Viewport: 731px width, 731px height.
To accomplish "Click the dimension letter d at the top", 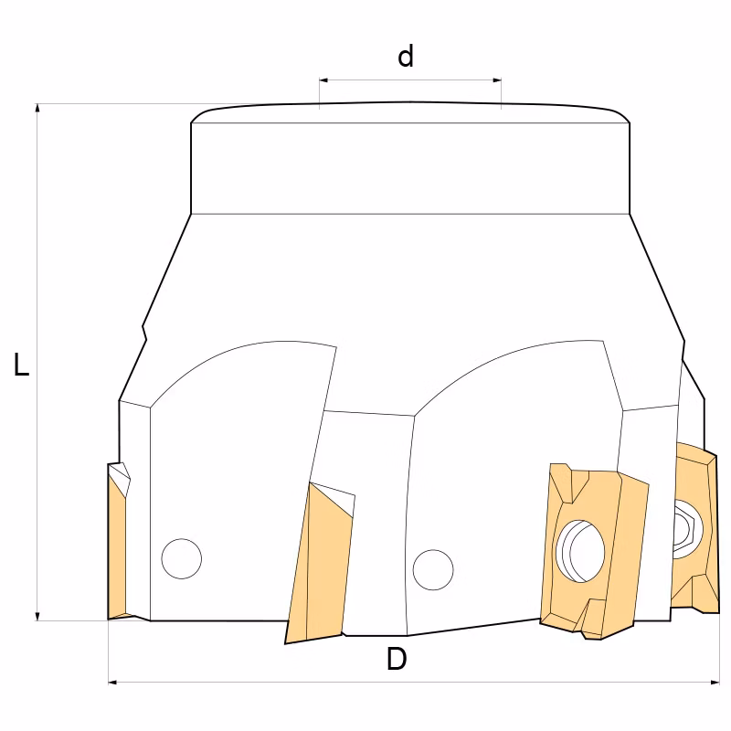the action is point(406,57).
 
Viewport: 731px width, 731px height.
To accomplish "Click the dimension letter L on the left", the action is point(21,365).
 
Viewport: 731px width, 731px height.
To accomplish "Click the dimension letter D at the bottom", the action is point(397,659).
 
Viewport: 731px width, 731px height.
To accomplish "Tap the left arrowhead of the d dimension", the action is point(324,80).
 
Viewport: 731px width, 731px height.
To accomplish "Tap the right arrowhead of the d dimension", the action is point(496,80).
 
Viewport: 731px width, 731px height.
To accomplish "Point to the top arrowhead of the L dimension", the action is point(37,108).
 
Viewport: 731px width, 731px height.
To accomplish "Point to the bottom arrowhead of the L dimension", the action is point(37,616).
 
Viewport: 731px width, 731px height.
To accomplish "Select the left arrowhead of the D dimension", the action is point(112,683).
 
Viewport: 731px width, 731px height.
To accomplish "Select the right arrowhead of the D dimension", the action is point(715,683).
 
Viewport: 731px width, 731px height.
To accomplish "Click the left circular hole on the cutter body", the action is point(182,559).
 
